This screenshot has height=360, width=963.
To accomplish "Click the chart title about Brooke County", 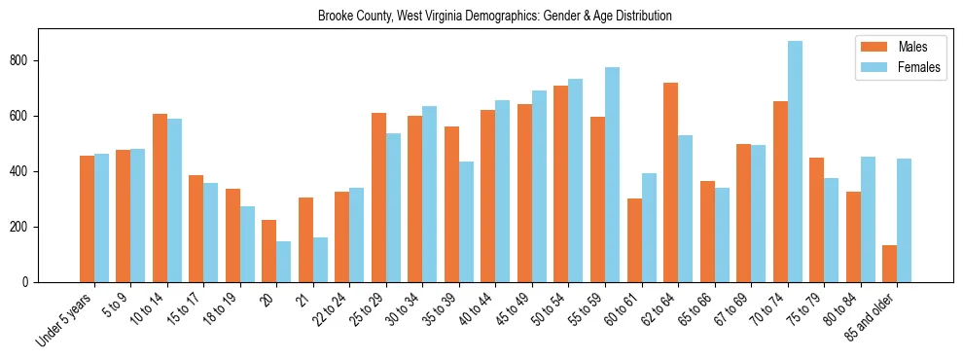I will click(494, 17).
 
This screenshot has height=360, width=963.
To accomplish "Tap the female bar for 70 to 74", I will click(795, 162).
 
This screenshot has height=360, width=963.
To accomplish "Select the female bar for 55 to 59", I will click(612, 175).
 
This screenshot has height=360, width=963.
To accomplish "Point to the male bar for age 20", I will click(268, 251).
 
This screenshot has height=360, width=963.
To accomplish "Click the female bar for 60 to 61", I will click(649, 228).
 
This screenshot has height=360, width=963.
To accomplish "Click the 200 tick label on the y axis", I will click(26, 227).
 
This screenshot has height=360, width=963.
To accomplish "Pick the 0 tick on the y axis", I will click(32, 282).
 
